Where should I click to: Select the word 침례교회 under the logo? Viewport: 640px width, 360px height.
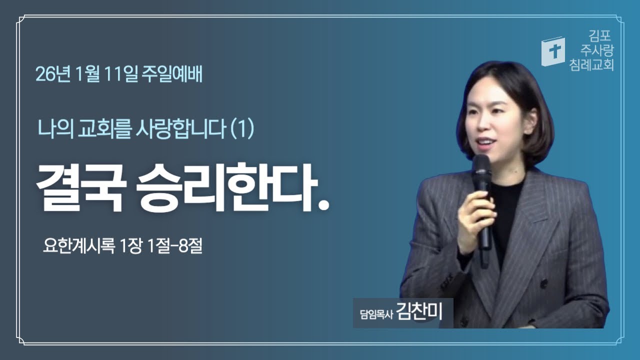pos(591,64)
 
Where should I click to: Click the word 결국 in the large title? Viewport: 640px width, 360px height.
pos(80,187)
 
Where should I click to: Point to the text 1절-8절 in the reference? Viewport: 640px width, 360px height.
pos(172,246)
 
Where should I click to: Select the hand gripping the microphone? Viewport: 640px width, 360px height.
pos(475,217)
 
